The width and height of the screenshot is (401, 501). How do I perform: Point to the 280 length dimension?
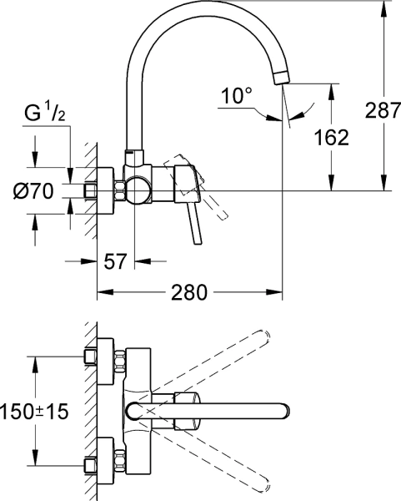188,294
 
